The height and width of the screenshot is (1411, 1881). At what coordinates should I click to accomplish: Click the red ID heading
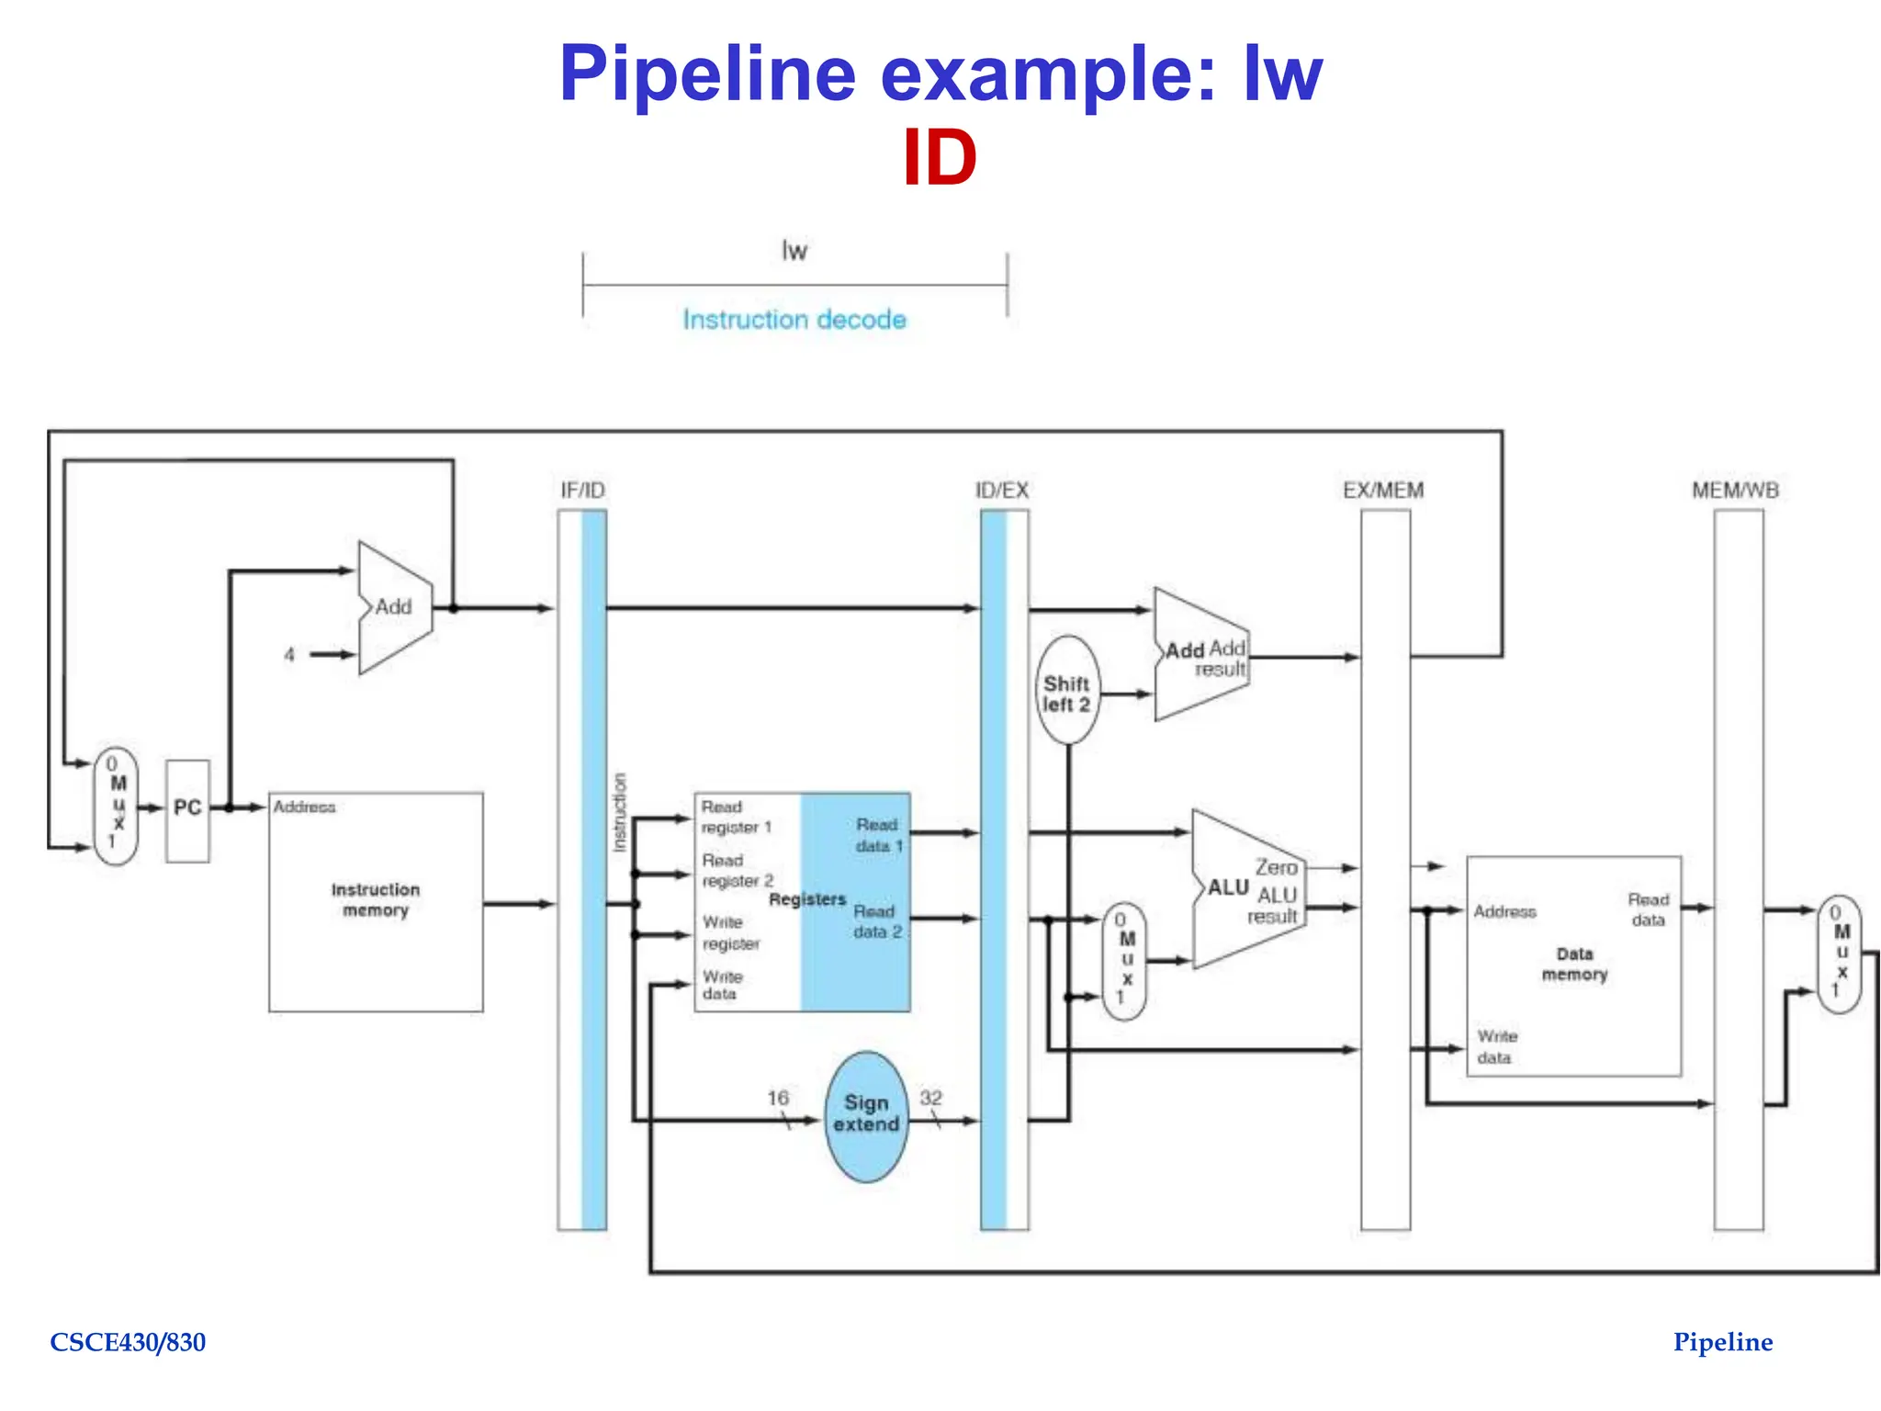point(939,158)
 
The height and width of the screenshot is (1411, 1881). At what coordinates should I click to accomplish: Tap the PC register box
point(187,809)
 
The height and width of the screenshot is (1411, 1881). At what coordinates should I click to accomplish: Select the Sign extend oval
point(866,1114)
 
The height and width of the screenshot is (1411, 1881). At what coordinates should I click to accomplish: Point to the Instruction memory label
point(375,899)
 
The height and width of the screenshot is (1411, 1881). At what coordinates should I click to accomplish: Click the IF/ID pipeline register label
point(582,491)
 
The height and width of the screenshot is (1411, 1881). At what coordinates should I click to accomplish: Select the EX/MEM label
point(1383,491)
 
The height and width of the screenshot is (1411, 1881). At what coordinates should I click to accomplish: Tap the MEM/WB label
point(1735,491)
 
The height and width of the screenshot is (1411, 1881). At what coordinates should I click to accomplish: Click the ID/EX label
point(1002,491)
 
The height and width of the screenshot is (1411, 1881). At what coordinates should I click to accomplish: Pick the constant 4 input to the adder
point(289,655)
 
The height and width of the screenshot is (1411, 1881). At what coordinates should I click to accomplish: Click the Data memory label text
point(1574,964)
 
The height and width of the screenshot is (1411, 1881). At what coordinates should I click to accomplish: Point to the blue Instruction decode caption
point(794,320)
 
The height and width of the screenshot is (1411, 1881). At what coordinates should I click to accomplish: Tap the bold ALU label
point(1228,887)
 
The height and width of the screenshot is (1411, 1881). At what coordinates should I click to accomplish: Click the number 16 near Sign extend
point(778,1098)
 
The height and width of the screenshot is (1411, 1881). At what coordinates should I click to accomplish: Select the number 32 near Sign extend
point(930,1098)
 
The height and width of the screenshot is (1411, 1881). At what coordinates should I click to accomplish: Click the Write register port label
point(731,932)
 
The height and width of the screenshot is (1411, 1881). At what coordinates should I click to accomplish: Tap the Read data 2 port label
point(877,921)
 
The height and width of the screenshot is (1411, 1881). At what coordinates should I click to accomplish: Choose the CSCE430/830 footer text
point(128,1342)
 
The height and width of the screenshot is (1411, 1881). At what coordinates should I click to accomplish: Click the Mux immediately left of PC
point(117,806)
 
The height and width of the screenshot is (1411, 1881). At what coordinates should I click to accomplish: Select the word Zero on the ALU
point(1277,867)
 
